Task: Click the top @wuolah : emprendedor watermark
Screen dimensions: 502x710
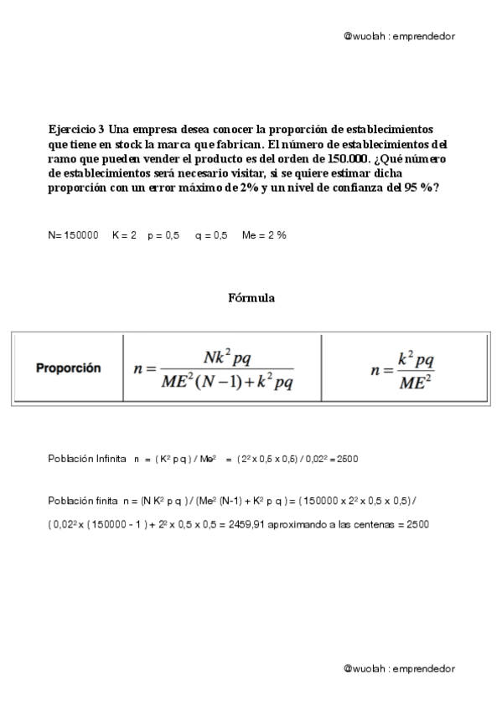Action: (399, 37)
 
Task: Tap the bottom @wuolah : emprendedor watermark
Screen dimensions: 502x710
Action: (399, 668)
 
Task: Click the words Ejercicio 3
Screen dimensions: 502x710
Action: (76, 129)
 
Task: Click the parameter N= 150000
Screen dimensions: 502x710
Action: (74, 236)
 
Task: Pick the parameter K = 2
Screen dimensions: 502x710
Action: (124, 236)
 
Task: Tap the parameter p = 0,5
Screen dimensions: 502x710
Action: (163, 236)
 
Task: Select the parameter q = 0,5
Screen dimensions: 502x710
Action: (211, 236)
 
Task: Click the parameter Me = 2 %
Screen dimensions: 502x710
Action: (264, 236)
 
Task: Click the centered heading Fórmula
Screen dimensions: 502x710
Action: (251, 297)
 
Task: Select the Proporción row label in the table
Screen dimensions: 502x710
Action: (68, 368)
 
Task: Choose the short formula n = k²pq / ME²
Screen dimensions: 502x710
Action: (403, 368)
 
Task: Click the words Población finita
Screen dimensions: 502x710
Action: (82, 500)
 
